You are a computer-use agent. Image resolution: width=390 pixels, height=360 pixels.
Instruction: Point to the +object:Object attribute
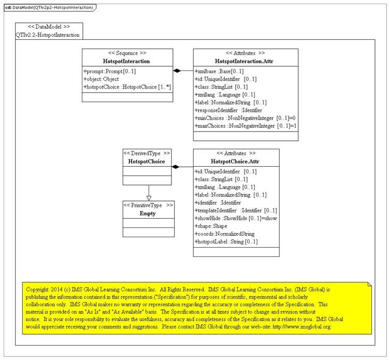(101, 79)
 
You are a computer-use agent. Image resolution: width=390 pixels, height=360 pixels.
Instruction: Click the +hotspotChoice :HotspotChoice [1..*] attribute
(127, 88)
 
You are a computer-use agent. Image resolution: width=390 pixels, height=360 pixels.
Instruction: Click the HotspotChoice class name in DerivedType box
(147, 162)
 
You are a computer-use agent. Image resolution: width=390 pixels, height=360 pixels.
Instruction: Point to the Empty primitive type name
(148, 213)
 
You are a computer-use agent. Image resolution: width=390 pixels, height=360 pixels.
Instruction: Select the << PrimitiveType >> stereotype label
(148, 205)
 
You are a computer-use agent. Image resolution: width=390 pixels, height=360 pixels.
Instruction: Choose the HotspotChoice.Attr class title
(237, 162)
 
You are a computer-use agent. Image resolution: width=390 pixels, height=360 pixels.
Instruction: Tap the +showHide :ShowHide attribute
(236, 218)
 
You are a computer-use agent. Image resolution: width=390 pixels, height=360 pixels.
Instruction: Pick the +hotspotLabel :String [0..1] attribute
(226, 242)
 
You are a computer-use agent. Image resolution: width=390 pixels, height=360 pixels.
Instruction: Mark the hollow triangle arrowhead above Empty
(148, 197)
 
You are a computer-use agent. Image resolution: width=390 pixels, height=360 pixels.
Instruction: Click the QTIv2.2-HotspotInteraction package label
(48, 34)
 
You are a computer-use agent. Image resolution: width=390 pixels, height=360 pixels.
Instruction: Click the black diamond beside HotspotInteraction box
(177, 70)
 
